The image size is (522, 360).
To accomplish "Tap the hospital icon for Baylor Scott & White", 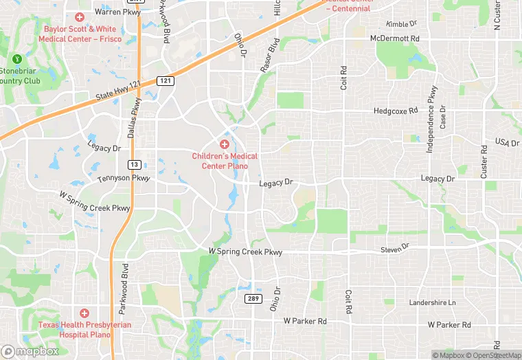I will pos(80,16).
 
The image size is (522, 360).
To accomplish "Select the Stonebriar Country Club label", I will pos(21,76).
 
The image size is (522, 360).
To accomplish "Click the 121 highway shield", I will pos(165,81).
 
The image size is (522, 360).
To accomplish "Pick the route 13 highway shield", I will pos(135,164).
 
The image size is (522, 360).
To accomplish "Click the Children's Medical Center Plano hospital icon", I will pos(224,144).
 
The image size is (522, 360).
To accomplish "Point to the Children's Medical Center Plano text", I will pos(225,161).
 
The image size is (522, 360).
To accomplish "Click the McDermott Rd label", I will pos(394,38).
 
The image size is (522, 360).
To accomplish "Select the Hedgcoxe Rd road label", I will pos(396,110).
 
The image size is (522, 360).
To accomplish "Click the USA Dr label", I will pos(507,142).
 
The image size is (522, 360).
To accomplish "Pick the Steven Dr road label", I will pos(395,247).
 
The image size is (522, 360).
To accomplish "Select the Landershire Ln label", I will pos(432,302).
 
